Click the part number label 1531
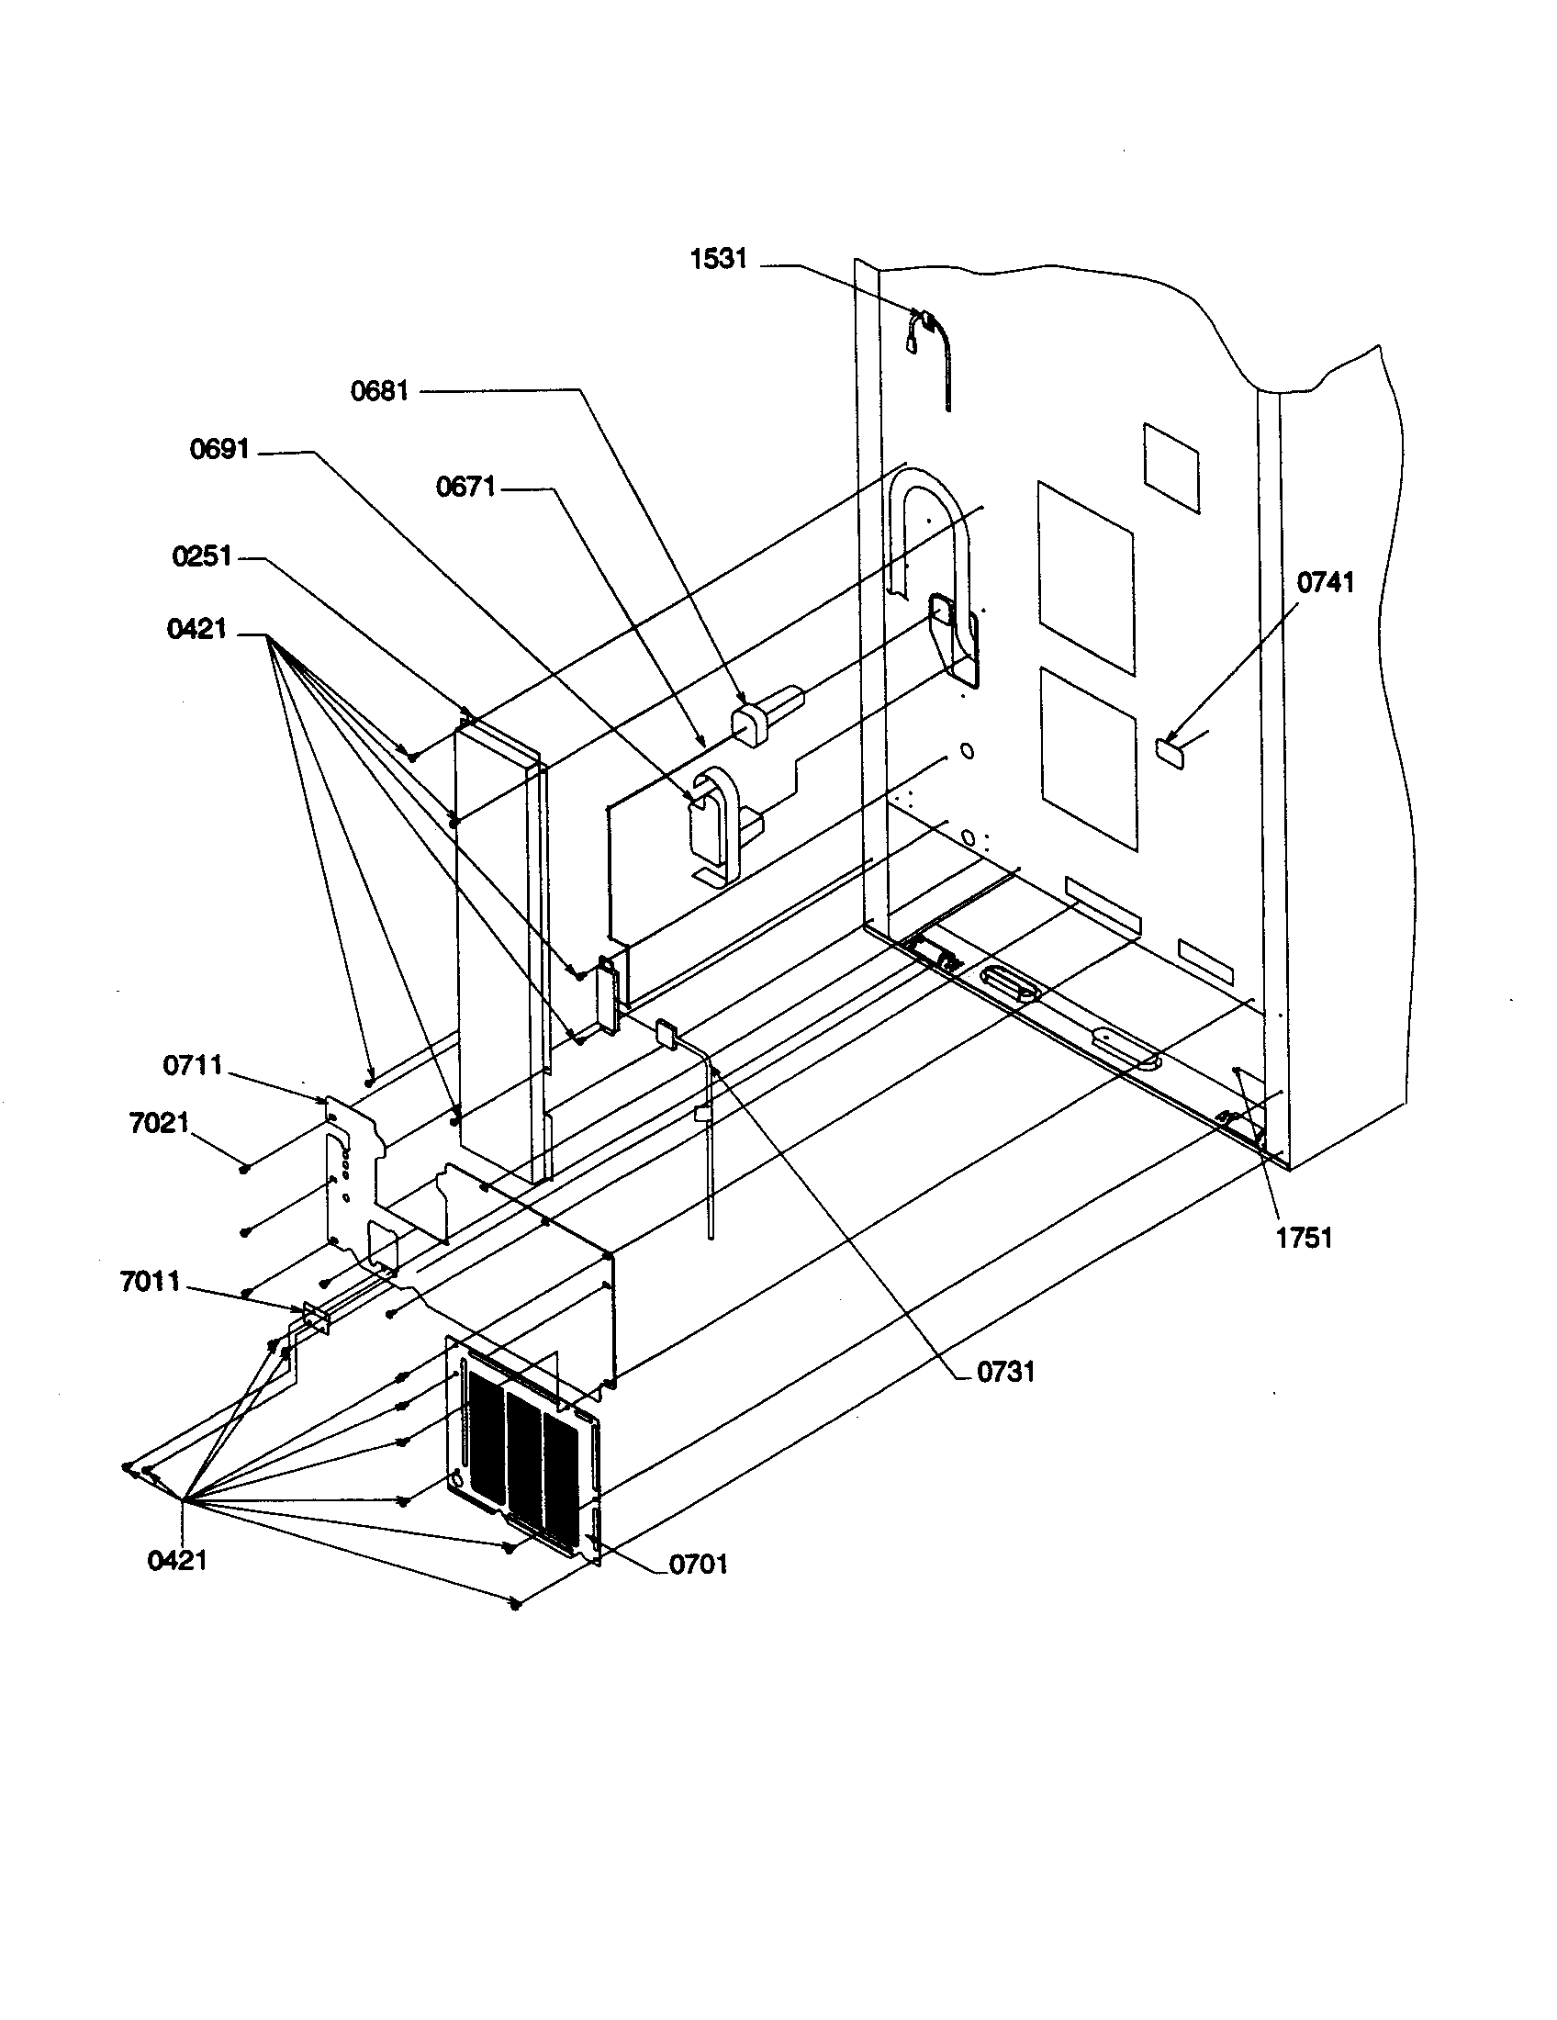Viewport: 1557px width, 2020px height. [x=719, y=259]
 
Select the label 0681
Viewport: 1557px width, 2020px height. [x=379, y=390]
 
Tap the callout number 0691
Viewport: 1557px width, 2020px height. [x=219, y=450]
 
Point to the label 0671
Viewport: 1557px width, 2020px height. [x=466, y=487]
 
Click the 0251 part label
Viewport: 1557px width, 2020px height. [x=202, y=556]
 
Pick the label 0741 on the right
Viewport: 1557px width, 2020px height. [x=1325, y=582]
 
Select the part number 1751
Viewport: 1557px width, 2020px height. [x=1304, y=1239]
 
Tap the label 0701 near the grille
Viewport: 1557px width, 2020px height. [x=698, y=1564]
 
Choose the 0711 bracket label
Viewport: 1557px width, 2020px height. [x=192, y=1065]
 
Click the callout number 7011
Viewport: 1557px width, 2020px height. [x=150, y=1282]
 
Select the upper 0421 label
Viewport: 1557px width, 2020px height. [x=196, y=629]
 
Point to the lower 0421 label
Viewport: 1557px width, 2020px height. [x=176, y=1560]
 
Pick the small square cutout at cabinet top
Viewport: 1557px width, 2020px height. [x=1171, y=467]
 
